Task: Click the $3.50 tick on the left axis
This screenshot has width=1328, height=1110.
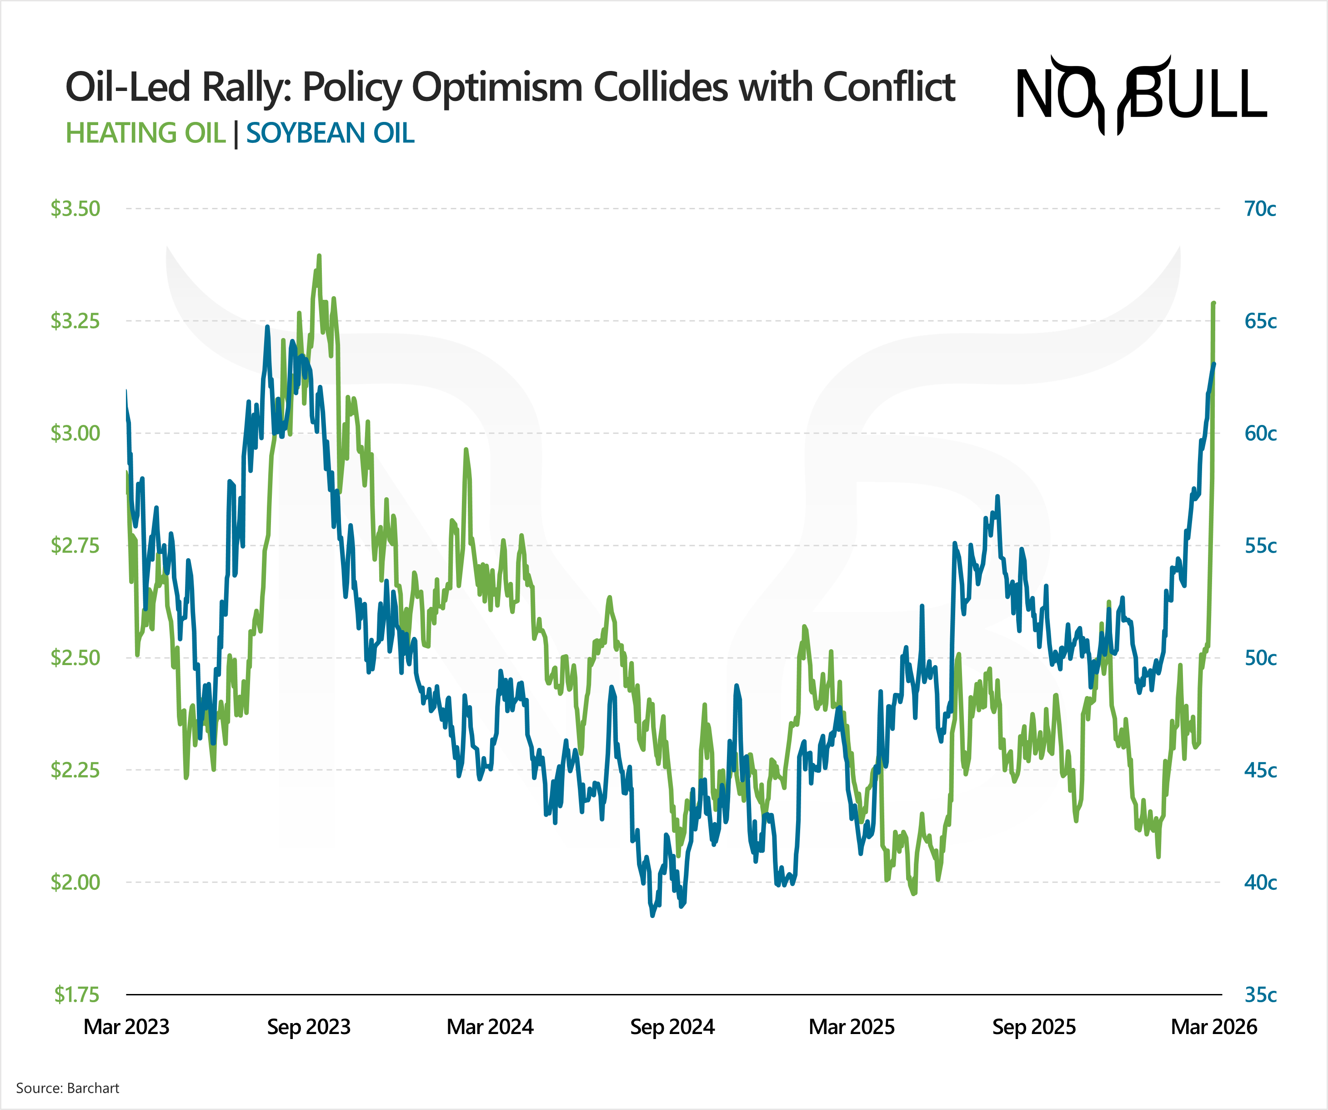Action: click(75, 209)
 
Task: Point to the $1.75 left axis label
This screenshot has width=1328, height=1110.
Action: click(76, 995)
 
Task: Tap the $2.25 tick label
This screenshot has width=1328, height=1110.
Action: click(75, 770)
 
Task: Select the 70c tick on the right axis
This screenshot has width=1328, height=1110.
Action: click(1260, 209)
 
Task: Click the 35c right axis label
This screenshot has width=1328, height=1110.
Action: click(1260, 995)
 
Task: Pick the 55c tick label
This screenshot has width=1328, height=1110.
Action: click(1260, 545)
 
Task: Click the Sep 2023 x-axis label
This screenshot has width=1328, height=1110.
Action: click(309, 1026)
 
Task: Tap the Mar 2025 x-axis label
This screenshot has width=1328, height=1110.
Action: click(852, 1026)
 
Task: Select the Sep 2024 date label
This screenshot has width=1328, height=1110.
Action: click(672, 1026)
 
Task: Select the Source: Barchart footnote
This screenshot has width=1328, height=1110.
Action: click(68, 1088)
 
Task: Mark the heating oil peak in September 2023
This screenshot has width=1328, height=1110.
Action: click(319, 256)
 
